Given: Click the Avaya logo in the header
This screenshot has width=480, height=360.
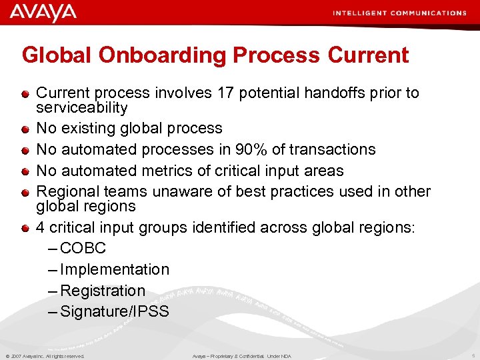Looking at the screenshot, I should (x=43, y=13).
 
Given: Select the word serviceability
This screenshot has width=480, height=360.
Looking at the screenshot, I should (x=81, y=107).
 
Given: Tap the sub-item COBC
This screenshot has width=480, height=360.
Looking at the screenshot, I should (x=83, y=249).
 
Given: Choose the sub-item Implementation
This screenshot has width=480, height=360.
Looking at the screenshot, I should (x=114, y=270).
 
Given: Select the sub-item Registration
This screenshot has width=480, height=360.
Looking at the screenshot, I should (x=102, y=291).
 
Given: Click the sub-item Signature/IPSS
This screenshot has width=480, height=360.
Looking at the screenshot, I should (x=114, y=312).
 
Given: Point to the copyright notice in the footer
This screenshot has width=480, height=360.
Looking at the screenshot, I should (x=45, y=356).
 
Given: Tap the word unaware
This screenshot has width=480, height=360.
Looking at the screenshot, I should (x=183, y=191).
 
